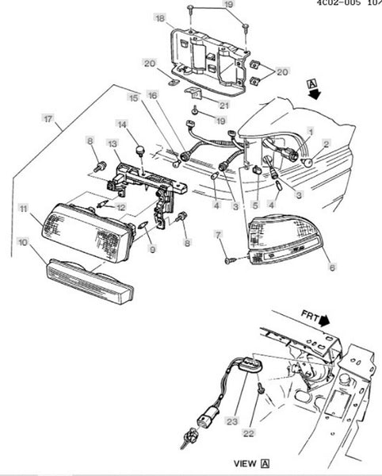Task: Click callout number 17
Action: [48, 119]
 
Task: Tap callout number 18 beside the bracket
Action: [160, 18]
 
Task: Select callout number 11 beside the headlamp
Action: [24, 209]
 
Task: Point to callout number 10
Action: [23, 243]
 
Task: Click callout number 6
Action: [333, 267]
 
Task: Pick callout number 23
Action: [232, 421]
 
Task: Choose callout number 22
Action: [249, 433]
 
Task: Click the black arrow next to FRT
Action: [325, 320]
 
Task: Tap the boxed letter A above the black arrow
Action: [312, 83]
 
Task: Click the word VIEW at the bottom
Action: [245, 463]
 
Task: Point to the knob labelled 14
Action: [140, 151]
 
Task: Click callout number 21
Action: [224, 106]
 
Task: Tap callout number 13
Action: [113, 144]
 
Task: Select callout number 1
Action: [310, 132]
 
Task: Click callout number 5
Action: [255, 205]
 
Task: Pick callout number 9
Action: [152, 249]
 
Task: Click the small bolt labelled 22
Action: [261, 387]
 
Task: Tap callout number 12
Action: [121, 208]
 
